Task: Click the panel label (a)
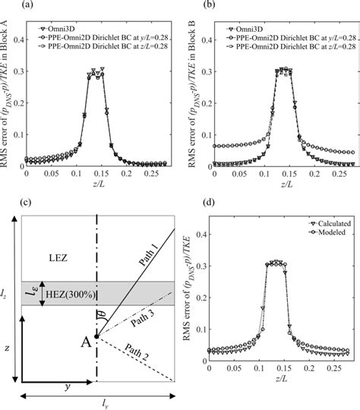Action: [9, 6]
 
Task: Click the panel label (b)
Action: [191, 6]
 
